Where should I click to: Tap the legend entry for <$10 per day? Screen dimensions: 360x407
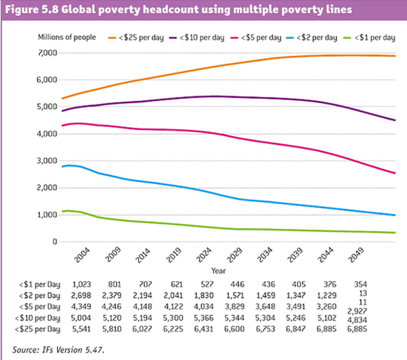[206, 35]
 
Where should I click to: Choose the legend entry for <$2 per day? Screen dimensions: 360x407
[318, 35]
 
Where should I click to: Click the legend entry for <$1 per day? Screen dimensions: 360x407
[373, 35]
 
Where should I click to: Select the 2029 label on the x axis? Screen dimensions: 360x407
[232, 257]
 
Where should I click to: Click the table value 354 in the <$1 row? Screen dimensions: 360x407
[360, 283]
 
